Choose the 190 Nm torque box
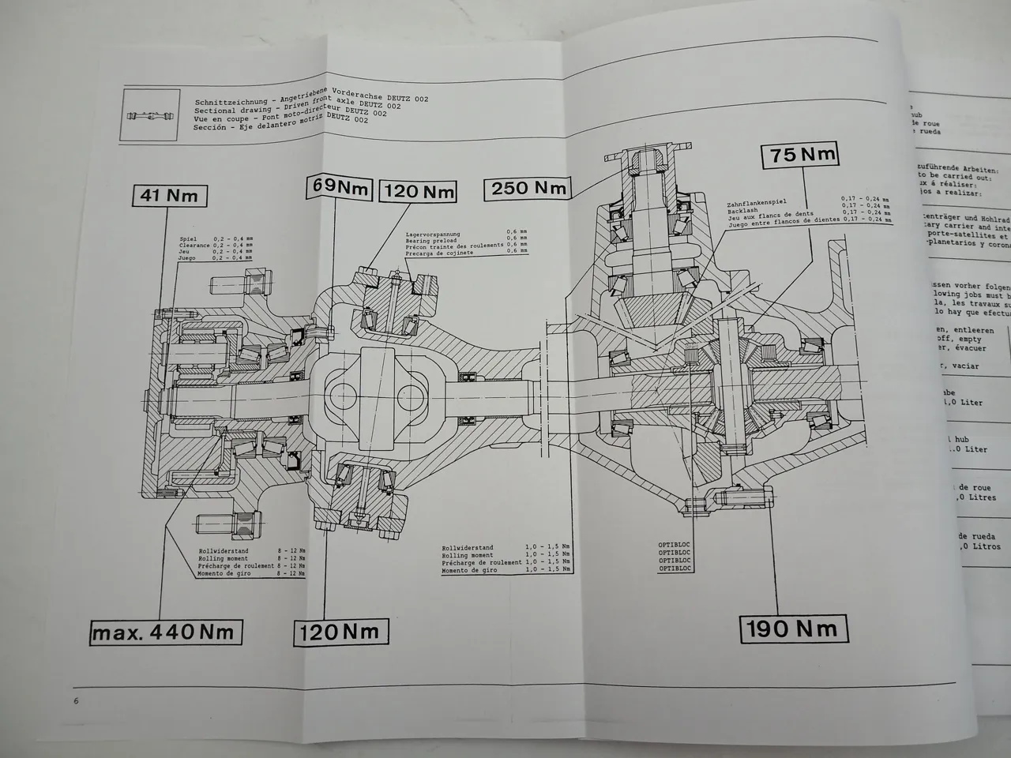point(793,629)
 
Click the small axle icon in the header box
point(148,117)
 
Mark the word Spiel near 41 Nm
point(187,238)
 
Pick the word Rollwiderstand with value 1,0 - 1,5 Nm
point(468,547)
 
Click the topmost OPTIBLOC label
point(675,544)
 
